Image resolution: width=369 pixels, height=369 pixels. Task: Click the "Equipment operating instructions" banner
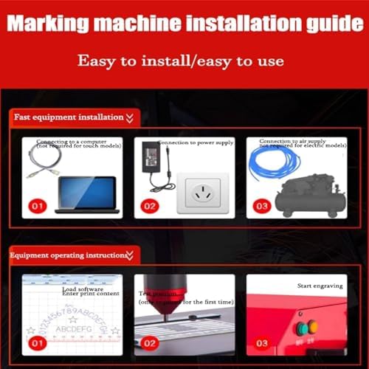point(70,255)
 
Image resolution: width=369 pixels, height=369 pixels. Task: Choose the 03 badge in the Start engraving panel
point(262,342)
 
